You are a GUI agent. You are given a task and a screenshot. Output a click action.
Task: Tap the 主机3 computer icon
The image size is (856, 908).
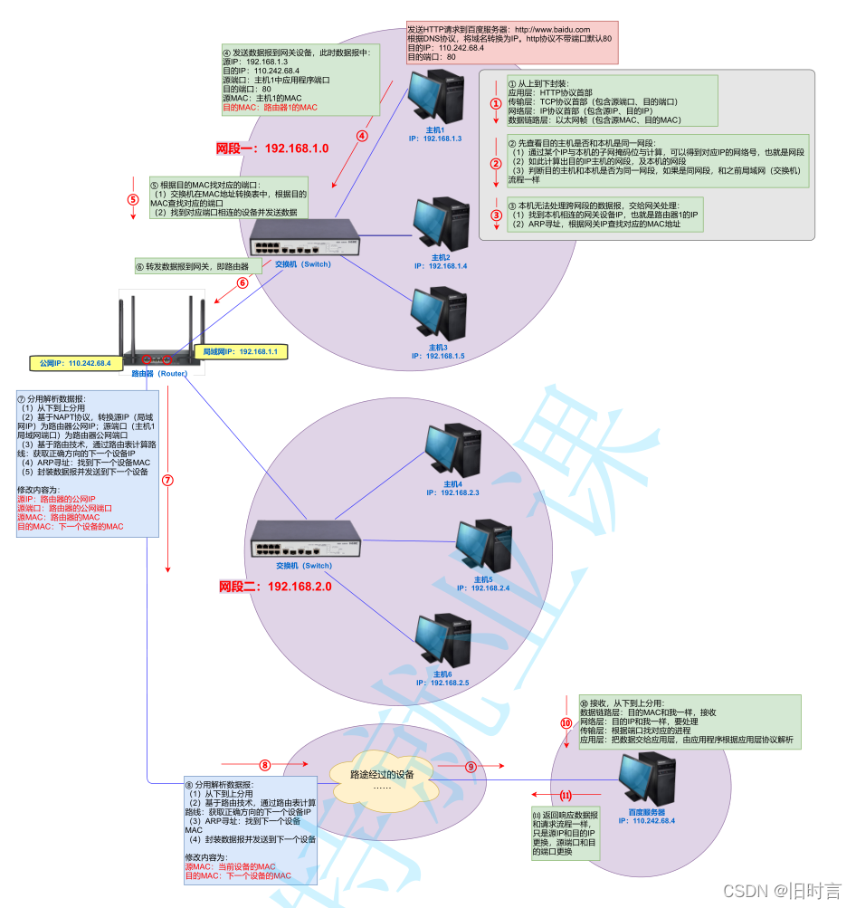click(441, 314)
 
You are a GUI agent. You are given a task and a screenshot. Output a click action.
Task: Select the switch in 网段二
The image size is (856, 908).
click(302, 540)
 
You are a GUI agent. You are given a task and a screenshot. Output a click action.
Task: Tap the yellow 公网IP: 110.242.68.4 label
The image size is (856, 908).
click(75, 363)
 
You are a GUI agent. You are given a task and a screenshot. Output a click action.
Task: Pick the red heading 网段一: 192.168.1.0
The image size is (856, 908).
click(271, 148)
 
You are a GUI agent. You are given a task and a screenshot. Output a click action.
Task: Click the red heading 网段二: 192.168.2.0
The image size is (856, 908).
click(275, 587)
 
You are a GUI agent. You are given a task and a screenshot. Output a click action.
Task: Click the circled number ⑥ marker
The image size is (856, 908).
click(243, 282)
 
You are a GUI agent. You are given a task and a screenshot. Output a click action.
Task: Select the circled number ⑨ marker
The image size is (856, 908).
click(471, 767)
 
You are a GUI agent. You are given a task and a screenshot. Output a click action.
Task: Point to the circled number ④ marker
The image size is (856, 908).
click(362, 137)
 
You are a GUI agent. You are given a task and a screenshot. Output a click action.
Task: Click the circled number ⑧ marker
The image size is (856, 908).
click(265, 767)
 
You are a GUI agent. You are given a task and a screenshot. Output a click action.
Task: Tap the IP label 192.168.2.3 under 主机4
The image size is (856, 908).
click(452, 492)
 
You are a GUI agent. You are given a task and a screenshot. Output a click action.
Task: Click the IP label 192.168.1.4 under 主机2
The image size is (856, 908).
click(441, 266)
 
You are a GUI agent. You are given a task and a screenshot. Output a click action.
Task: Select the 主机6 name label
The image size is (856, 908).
click(442, 674)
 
